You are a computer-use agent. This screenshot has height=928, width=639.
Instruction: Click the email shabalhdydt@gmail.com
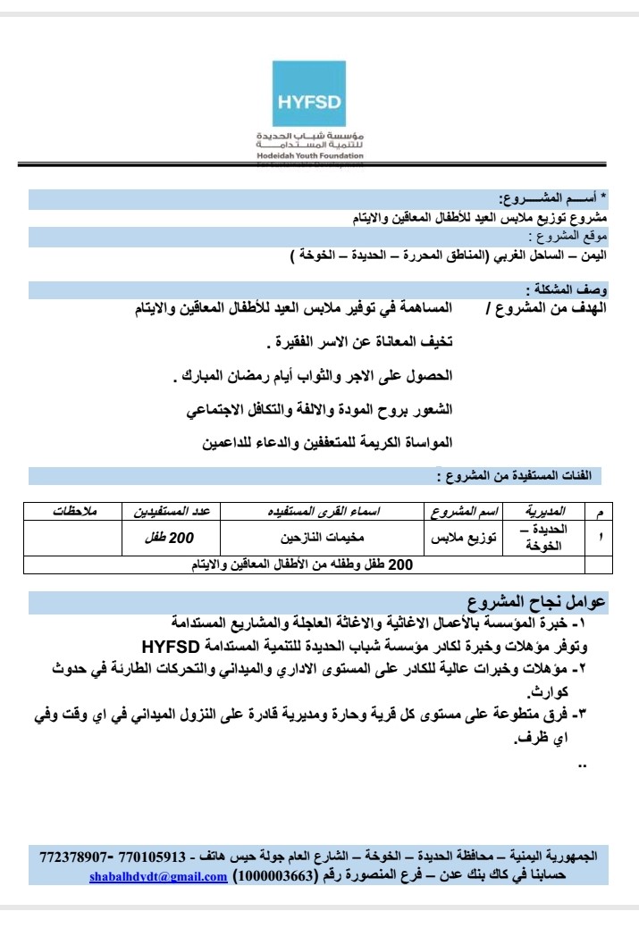point(158,876)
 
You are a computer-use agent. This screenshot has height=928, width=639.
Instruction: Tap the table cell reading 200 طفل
point(170,538)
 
